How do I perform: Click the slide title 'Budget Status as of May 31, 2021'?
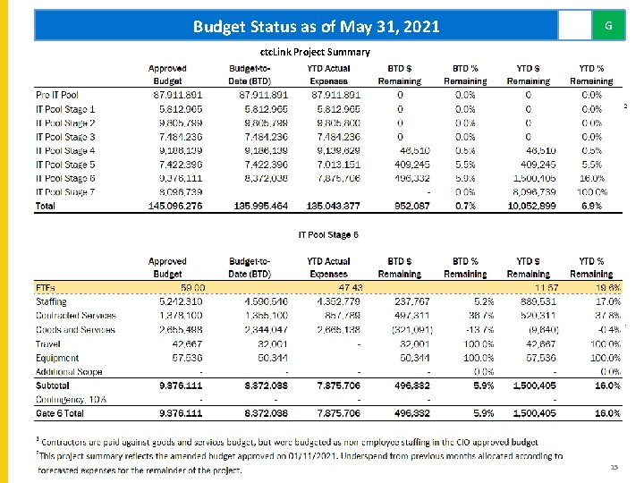pyautogui.click(x=316, y=27)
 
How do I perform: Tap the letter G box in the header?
pyautogui.click(x=608, y=26)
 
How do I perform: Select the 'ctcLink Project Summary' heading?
pyautogui.click(x=314, y=52)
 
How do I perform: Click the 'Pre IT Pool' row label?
pyautogui.click(x=57, y=95)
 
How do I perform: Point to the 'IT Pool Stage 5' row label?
pyautogui.click(x=65, y=165)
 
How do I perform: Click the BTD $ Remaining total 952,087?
pyautogui.click(x=411, y=206)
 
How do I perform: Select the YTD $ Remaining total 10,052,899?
pyautogui.click(x=532, y=206)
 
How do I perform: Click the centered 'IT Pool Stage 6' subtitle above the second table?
pyautogui.click(x=328, y=234)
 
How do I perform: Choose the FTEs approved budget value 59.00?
pyautogui.click(x=192, y=288)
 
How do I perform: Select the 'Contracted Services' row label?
pyautogui.click(x=76, y=316)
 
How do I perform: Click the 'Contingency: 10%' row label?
pyautogui.click(x=71, y=399)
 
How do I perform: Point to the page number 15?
pyautogui.click(x=614, y=468)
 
